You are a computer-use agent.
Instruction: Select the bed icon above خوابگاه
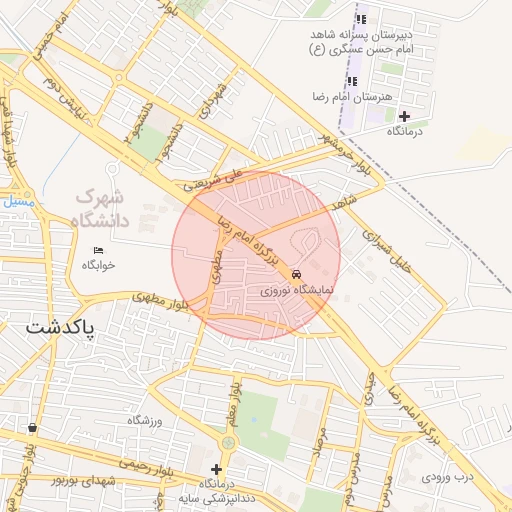tap(98, 249)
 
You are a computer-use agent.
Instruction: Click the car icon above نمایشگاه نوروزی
tap(297, 274)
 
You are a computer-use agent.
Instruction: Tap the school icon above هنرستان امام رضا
tap(351, 80)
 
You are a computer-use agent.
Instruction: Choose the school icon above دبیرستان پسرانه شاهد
tap(362, 19)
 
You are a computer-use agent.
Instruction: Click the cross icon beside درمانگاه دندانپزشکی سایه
tap(216, 468)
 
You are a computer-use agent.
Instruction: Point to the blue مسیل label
tap(18, 201)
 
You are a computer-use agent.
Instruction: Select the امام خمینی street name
tap(51, 44)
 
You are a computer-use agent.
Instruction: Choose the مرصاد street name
tap(319, 452)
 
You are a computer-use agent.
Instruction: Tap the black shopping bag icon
tap(33, 428)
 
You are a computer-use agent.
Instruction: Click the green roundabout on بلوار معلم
tap(229, 442)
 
